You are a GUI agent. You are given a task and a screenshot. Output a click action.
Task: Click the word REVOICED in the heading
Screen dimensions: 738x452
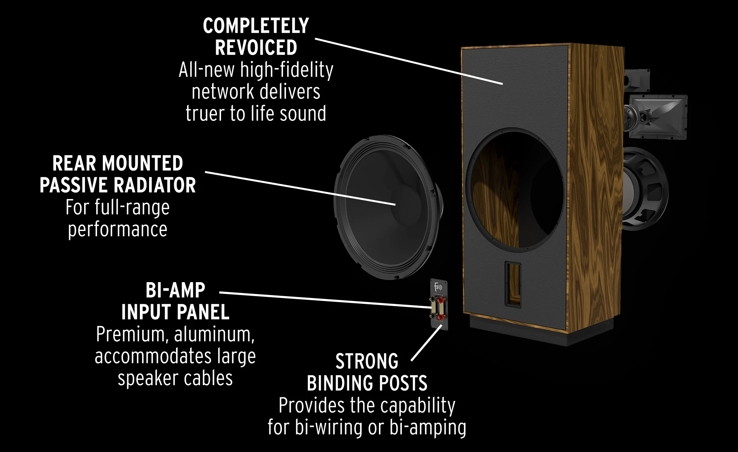point(256,48)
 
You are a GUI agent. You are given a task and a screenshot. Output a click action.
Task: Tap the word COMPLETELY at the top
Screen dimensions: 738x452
point(256,26)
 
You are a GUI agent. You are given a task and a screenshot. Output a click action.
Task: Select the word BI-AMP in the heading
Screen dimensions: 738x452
point(175,290)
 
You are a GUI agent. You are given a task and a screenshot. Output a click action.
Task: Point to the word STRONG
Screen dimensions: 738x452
point(367,361)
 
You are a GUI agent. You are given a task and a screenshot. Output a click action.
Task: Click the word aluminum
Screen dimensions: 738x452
point(214,335)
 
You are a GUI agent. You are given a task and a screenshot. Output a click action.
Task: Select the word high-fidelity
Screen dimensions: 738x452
point(287,70)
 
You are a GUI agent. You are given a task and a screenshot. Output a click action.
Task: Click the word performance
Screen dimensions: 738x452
point(118,230)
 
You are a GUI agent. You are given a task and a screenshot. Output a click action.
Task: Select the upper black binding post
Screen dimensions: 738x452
point(432,299)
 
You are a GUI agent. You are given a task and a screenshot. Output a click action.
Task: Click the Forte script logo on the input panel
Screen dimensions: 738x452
point(438,287)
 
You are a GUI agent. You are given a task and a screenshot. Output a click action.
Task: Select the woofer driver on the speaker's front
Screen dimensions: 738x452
point(645,189)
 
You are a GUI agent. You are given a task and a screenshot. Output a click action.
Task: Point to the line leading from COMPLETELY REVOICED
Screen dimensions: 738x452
point(409,61)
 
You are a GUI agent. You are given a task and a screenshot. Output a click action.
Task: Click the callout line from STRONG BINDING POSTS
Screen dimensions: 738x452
point(427,343)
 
